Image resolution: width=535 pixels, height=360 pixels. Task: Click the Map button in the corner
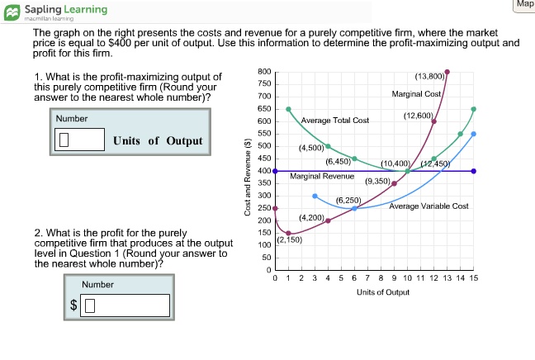[x=524, y=5]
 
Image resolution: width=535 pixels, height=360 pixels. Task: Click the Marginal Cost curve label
[x=418, y=93]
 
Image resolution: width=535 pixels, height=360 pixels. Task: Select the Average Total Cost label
[x=335, y=121]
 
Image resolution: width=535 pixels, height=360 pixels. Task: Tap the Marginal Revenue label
[x=322, y=177]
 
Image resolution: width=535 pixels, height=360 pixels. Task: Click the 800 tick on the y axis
[x=264, y=72]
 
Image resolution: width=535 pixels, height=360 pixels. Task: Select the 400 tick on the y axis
[x=264, y=171]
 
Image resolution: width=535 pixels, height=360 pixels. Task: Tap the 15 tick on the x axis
[x=473, y=279]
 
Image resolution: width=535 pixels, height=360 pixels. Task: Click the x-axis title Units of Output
[x=383, y=292]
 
